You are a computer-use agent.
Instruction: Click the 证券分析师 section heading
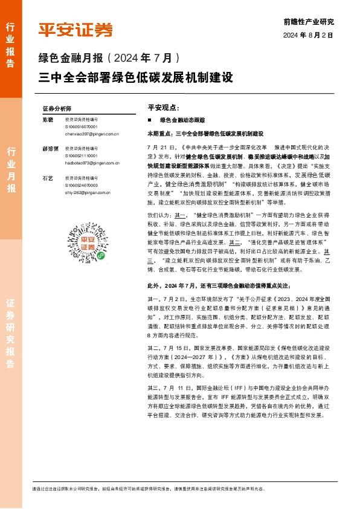click(x=57, y=109)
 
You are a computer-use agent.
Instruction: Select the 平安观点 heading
click(x=163, y=107)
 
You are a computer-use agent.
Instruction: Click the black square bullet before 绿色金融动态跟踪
click(x=150, y=121)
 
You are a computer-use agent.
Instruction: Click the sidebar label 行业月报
click(x=11, y=170)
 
